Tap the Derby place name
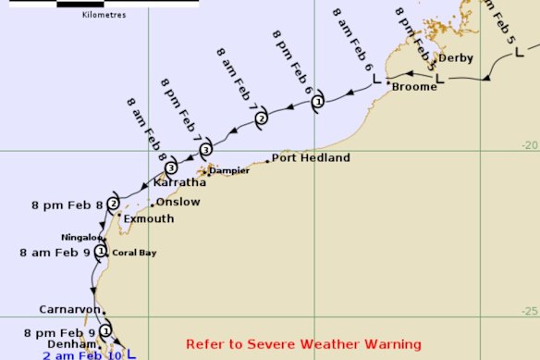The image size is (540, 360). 455,57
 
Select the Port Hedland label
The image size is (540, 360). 311,158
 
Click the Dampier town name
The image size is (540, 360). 228,170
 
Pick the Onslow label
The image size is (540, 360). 178,202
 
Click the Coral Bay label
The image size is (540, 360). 130,253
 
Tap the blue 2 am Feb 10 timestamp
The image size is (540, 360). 81,354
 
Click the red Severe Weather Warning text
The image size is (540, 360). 303,344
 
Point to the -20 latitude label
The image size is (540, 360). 527,144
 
